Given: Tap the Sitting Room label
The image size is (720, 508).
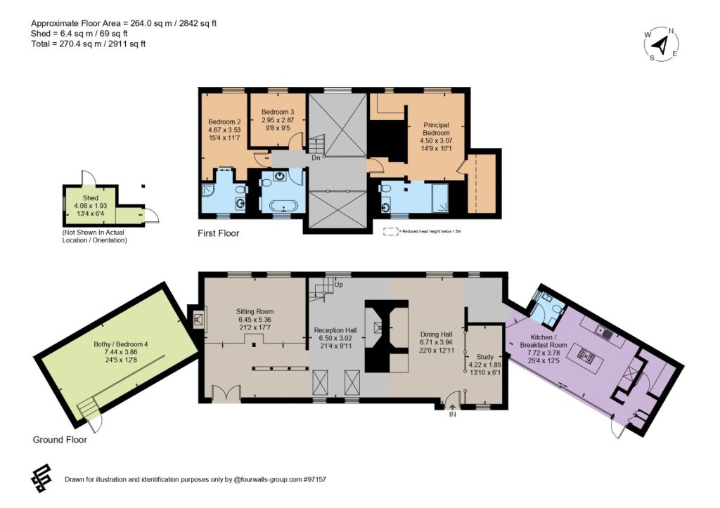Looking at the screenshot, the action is (x=255, y=311).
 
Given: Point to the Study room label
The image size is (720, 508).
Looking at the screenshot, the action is (x=485, y=356).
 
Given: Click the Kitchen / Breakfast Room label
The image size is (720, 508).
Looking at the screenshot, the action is (x=544, y=341).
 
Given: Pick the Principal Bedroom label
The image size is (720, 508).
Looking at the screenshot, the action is (x=436, y=129).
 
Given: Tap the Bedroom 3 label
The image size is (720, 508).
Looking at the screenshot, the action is (x=278, y=112).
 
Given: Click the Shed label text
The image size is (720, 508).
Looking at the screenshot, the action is (x=91, y=197).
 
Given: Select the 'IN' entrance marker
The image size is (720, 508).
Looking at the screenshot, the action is (x=453, y=414).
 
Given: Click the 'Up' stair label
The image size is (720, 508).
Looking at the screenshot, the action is (x=338, y=285).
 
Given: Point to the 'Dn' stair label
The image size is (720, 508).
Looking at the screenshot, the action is (x=316, y=158).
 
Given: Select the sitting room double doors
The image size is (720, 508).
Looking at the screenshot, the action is (x=226, y=393).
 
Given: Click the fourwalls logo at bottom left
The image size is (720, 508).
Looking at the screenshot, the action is (x=41, y=478).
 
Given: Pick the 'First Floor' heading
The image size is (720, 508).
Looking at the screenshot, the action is (x=219, y=233).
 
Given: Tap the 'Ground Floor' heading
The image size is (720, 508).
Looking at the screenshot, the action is (x=60, y=440).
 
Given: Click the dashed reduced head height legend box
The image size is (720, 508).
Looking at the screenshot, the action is (x=391, y=232).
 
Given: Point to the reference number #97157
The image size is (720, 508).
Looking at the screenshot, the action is (x=314, y=480).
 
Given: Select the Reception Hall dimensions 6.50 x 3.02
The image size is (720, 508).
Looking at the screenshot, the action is (x=335, y=338).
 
